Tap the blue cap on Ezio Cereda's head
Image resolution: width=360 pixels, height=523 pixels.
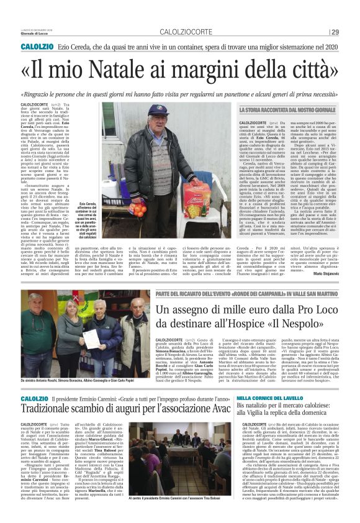158,110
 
